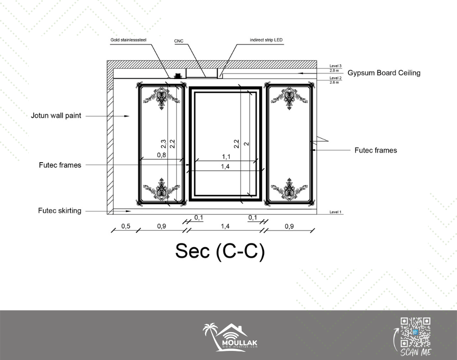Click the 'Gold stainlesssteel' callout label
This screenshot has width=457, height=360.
(128, 40)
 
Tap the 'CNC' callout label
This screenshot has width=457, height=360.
(179, 41)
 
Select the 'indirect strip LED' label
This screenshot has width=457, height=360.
(266, 40)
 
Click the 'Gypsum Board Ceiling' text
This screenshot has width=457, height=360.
(384, 73)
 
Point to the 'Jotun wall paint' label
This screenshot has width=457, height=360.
(56, 116)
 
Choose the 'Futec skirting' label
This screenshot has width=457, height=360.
(60, 211)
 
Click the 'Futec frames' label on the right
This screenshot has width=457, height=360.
(376, 150)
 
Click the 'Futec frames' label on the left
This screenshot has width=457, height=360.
(60, 165)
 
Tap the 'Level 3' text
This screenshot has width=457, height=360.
(335, 66)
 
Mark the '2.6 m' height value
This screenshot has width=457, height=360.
(335, 82)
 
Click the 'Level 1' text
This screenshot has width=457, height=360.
(335, 212)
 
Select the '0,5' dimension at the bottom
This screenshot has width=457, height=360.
(126, 226)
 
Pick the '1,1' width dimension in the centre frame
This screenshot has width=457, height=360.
(226, 157)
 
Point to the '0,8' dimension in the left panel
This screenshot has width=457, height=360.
(161, 155)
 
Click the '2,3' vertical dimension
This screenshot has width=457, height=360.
(164, 144)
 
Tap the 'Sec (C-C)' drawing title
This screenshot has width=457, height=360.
(220, 251)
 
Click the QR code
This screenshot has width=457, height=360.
(415, 332)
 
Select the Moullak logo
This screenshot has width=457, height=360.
(230, 337)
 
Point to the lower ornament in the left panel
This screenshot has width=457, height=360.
(161, 189)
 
